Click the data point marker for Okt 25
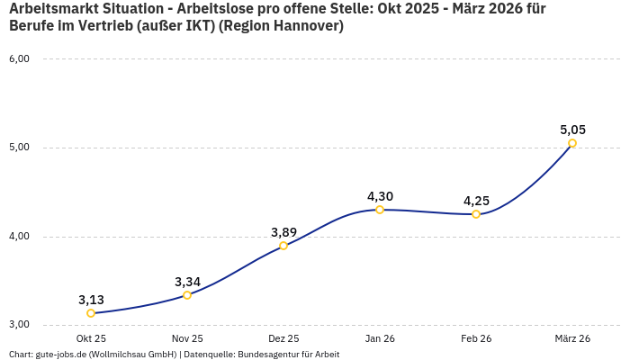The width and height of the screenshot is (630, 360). pyautogui.click(x=91, y=313)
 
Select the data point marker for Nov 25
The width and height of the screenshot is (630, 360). pyautogui.click(x=187, y=295)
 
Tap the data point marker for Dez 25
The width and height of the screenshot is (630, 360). pyautogui.click(x=283, y=246)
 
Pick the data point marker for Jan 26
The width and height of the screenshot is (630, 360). pyautogui.click(x=380, y=210)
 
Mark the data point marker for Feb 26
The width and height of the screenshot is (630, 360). pyautogui.click(x=476, y=214)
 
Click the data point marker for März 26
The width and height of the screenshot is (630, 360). pyautogui.click(x=572, y=143)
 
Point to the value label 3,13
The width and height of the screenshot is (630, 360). pyautogui.click(x=91, y=300)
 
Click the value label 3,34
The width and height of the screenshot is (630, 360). pyautogui.click(x=187, y=282)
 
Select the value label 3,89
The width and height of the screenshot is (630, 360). pyautogui.click(x=283, y=232)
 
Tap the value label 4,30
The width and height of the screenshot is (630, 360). pyautogui.click(x=380, y=196)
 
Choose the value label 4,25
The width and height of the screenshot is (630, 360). pyautogui.click(x=476, y=201)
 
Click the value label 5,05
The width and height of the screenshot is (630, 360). pyautogui.click(x=572, y=130)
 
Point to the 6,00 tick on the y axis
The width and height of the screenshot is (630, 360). pyautogui.click(x=19, y=58)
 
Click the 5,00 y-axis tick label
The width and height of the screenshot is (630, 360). pyautogui.click(x=19, y=148)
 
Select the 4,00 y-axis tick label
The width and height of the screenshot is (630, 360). pyautogui.click(x=19, y=237)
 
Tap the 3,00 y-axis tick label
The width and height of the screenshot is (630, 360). pyautogui.click(x=19, y=325)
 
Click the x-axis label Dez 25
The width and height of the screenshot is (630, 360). pyautogui.click(x=283, y=338)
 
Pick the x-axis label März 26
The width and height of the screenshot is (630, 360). pyautogui.click(x=572, y=338)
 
